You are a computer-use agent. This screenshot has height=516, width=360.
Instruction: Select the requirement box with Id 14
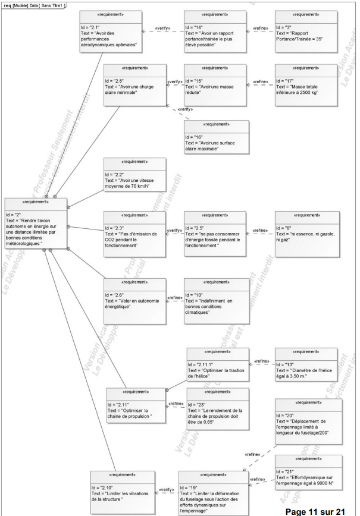(215, 32)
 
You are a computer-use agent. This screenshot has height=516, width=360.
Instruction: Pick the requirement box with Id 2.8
(134, 86)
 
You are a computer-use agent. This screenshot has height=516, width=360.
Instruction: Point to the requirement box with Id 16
(216, 139)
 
